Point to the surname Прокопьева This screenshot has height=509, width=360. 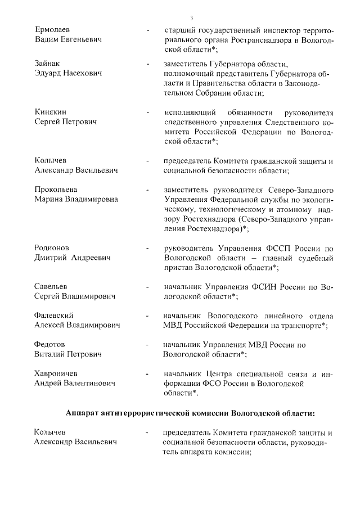56,189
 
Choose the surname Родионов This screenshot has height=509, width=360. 52,247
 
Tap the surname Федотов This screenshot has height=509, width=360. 50,344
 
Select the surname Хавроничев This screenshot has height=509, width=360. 56,373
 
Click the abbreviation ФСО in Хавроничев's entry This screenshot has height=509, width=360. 208,384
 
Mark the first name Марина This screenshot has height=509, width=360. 49,199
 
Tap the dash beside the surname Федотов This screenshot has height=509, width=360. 147,344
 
